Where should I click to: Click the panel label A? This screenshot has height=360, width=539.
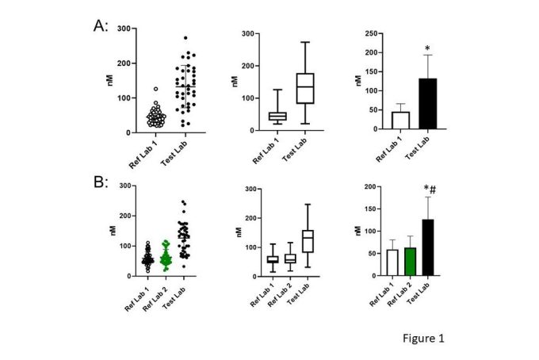(x=101, y=25)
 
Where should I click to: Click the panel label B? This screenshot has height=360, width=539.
(x=101, y=182)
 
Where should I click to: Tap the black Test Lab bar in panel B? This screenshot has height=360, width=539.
(x=428, y=247)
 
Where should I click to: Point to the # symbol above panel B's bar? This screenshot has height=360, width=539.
(x=434, y=189)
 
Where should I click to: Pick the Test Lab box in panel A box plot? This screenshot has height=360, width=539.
(x=304, y=88)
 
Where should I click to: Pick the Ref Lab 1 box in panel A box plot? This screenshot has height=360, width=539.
(x=277, y=117)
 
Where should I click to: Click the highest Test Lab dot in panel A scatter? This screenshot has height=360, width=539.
(x=185, y=38)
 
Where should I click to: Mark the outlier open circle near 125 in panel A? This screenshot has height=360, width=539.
(x=155, y=90)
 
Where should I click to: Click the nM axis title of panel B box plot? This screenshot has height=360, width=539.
(x=240, y=232)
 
